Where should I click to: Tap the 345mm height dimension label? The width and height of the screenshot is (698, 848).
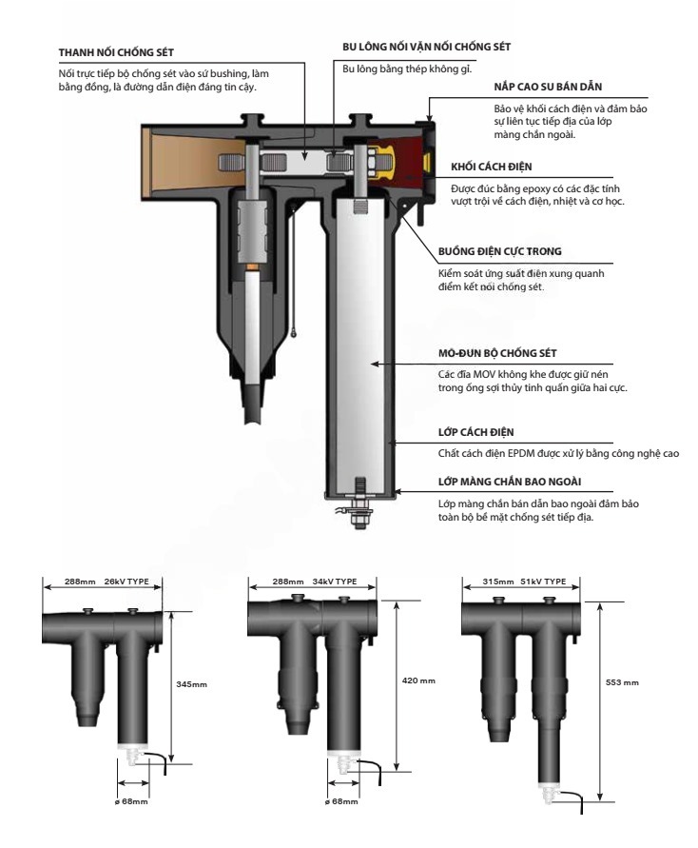(x=193, y=683)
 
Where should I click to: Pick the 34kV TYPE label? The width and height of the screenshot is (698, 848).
(x=338, y=580)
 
